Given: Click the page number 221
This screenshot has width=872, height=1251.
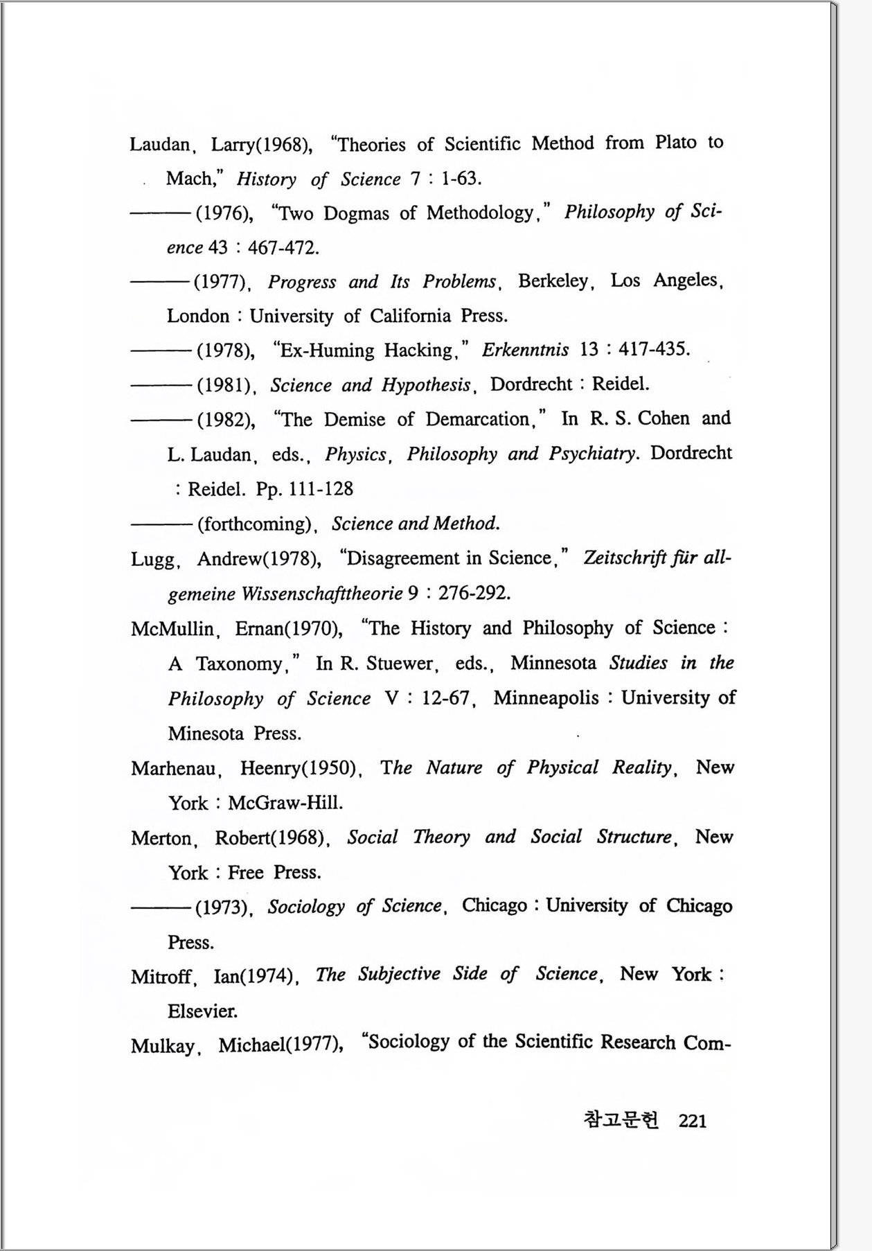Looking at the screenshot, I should (693, 1121).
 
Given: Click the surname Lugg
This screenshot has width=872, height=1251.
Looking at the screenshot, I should (153, 560).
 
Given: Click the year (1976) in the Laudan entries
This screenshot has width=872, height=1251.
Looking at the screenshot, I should (224, 213).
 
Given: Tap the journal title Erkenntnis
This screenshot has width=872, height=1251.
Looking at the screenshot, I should (526, 349).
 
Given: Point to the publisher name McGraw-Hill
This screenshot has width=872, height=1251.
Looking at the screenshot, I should (285, 803).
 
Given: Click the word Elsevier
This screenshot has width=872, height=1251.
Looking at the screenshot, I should (202, 1011).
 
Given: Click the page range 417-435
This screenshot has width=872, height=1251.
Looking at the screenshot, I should (653, 349).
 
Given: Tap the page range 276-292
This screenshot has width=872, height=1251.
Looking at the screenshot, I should (474, 594).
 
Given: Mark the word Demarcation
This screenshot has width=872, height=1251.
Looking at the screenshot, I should (478, 419).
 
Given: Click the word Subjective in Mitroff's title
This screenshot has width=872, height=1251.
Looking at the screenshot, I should (399, 974).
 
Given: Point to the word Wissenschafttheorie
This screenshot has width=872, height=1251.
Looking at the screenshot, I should (322, 594).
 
